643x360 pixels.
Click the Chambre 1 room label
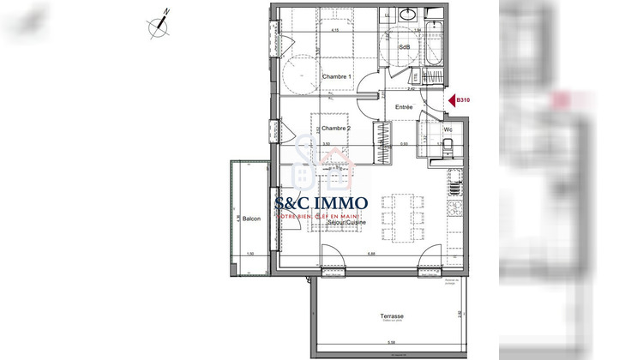coord(337,77)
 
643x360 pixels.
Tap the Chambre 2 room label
coord(337,129)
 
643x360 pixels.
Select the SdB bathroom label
coord(404,46)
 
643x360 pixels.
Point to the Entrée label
coord(404,107)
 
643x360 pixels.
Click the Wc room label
coord(448,130)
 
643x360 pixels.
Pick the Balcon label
coord(251,219)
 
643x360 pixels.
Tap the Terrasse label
coord(393,316)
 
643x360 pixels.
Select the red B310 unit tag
coord(464,100)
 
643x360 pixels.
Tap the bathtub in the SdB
coord(434,43)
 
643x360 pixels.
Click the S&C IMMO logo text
coord(321,204)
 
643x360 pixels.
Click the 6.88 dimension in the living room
coord(370,252)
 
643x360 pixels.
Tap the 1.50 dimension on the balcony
coord(249,255)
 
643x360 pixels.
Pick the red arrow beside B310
coord(451,100)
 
